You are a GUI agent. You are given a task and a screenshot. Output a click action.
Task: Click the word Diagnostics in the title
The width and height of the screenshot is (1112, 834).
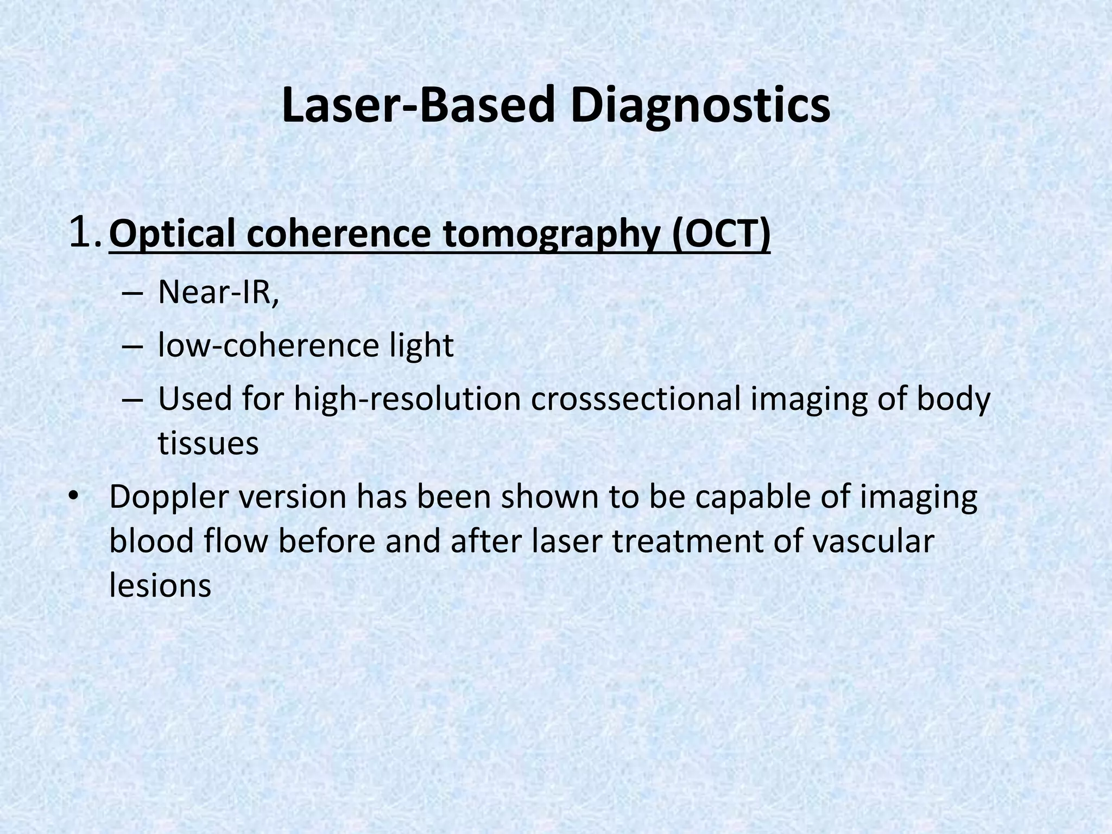(700, 106)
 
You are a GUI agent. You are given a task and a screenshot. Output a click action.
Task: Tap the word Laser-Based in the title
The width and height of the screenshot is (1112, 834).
(420, 106)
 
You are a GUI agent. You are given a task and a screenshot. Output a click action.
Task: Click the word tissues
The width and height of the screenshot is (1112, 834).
(208, 444)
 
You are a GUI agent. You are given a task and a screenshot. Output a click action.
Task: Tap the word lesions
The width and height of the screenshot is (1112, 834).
(160, 585)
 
